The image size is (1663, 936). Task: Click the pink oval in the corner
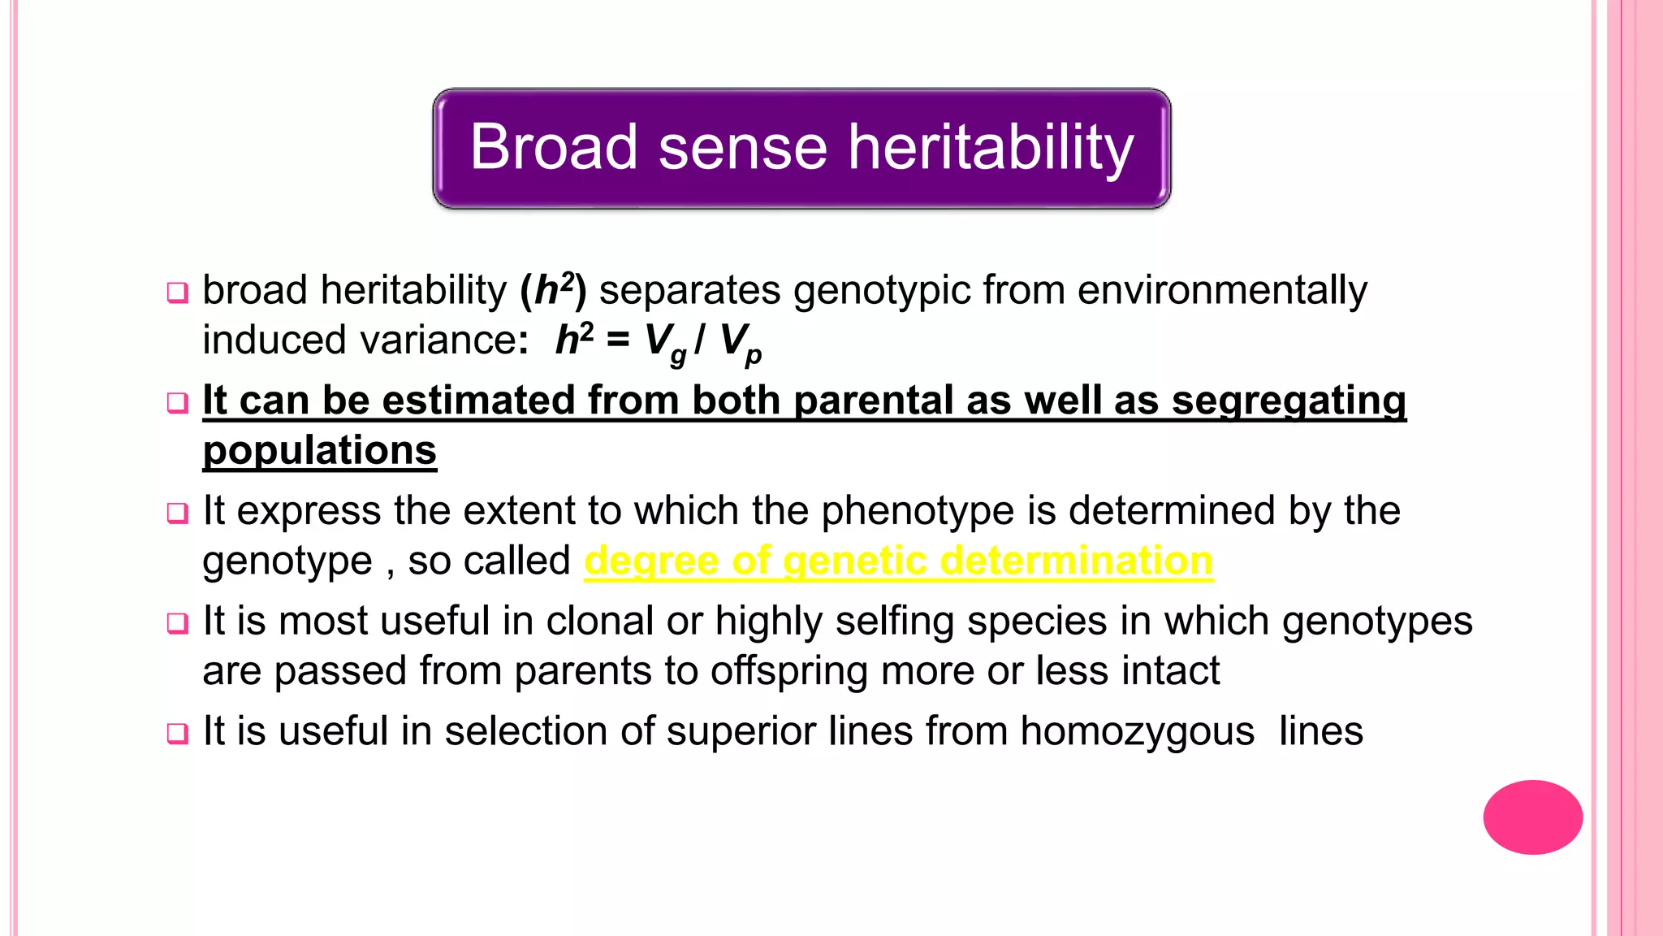(1532, 817)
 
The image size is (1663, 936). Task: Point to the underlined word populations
(319, 450)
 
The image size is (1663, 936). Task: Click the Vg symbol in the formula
(665, 343)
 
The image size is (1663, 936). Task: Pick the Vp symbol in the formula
(740, 343)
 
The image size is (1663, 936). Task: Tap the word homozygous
(1137, 730)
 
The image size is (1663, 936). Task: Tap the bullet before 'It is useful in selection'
(177, 733)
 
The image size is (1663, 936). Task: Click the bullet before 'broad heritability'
(177, 292)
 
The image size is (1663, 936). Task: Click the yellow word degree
(652, 561)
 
